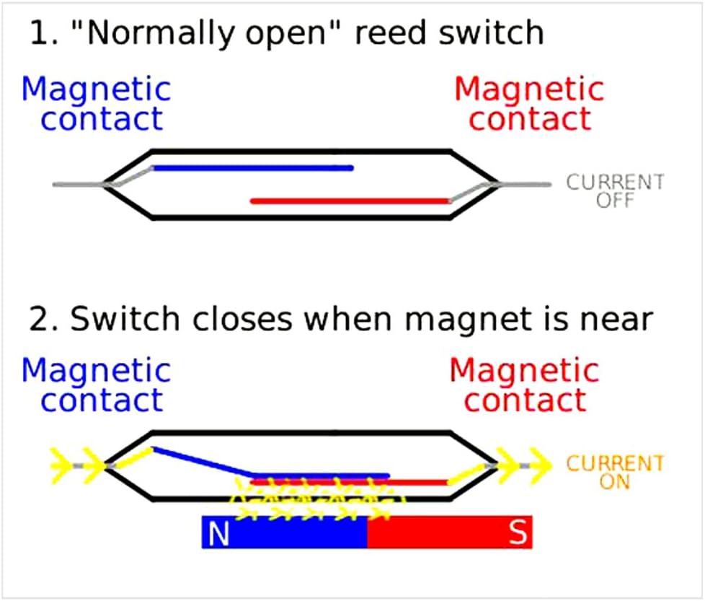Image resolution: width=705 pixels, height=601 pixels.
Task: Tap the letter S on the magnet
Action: click(x=518, y=533)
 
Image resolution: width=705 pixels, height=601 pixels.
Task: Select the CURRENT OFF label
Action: click(x=614, y=190)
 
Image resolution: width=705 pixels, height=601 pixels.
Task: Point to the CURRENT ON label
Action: click(x=614, y=472)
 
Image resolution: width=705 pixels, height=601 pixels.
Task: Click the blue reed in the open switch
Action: click(x=252, y=168)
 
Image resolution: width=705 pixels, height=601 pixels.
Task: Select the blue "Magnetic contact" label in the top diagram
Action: click(x=96, y=104)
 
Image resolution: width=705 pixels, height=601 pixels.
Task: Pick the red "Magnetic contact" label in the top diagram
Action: click(x=529, y=104)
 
